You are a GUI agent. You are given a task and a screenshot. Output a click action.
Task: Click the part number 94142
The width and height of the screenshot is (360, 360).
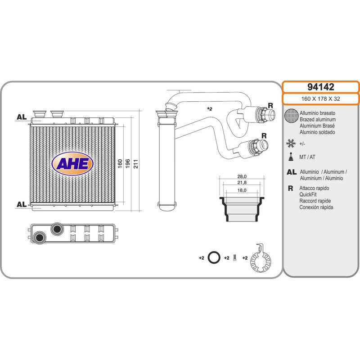(320, 87)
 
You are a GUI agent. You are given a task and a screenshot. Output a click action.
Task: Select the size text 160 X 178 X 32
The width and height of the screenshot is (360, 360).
(320, 99)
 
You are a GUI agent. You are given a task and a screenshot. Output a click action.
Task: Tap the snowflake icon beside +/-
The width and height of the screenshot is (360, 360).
(291, 144)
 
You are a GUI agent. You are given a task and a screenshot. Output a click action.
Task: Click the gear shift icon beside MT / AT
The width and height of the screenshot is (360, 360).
(291, 157)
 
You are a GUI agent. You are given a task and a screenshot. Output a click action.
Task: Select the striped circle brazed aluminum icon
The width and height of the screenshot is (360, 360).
(292, 116)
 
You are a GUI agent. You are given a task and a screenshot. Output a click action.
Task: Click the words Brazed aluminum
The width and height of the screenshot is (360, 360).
(317, 120)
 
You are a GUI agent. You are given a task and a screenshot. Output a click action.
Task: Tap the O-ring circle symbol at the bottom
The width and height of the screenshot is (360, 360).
(215, 258)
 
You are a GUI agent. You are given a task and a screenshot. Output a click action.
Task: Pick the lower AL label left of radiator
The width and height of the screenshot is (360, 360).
(21, 204)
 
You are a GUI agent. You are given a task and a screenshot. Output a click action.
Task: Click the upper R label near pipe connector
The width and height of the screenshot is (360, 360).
(270, 105)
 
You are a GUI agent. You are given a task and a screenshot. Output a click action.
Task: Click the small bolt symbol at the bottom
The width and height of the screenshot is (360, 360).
(234, 259)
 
